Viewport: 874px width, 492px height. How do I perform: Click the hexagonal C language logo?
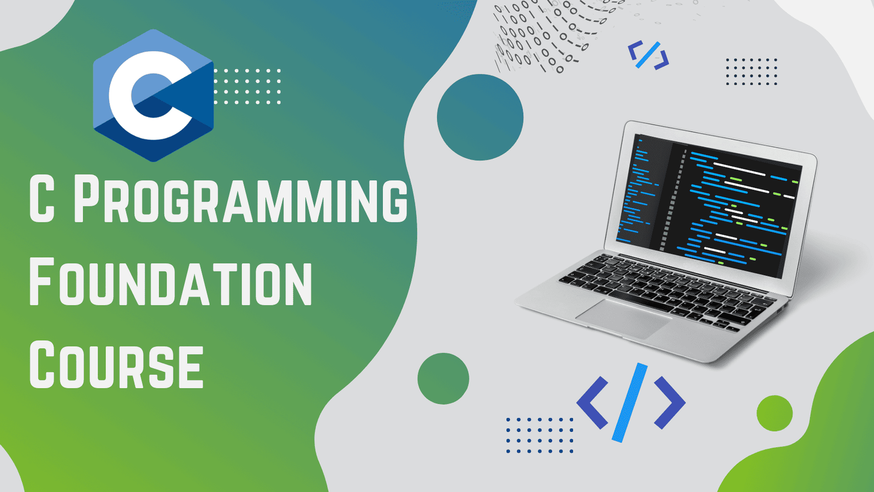point(153,95)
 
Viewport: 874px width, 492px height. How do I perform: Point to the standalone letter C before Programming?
point(42,199)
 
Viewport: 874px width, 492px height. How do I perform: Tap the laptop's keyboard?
point(663,291)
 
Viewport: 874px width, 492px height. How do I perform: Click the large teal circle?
point(480,117)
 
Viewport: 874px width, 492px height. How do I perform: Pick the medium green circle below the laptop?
point(443,378)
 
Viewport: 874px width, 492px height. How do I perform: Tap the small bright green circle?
point(775,413)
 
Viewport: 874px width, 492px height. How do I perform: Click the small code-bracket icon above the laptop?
point(648,55)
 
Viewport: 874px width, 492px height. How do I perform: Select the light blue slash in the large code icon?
point(629,402)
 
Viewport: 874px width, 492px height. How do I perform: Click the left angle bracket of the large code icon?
point(592,403)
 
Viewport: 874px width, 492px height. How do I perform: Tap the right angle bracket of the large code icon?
point(670,403)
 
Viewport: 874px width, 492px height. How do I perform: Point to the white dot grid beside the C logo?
point(247,86)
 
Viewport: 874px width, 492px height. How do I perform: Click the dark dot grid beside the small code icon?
point(752,72)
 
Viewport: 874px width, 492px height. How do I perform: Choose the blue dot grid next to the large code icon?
point(540,435)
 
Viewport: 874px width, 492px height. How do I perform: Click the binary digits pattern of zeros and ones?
point(554,35)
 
